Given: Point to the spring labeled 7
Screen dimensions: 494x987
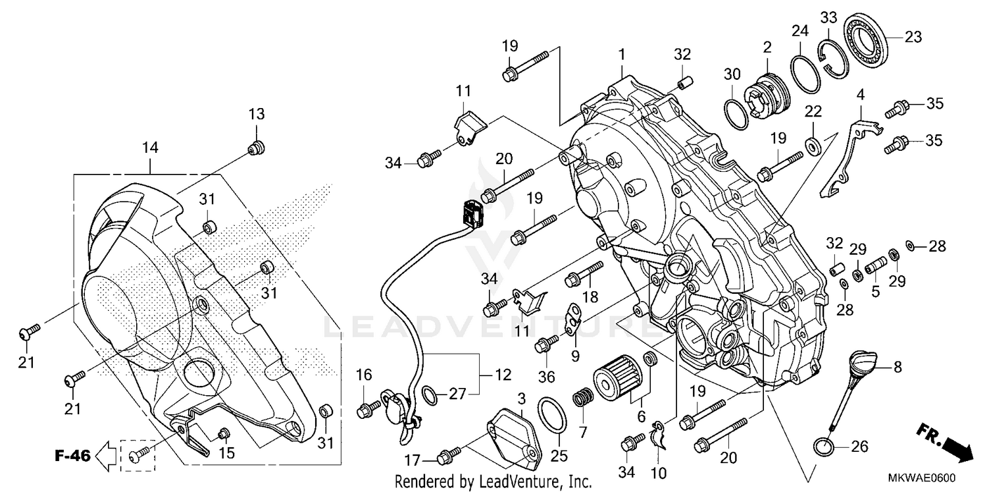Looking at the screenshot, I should tap(581, 399).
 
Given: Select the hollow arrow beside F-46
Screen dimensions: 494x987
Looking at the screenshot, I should tap(106, 454).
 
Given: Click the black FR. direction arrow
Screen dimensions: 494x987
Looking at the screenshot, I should tap(957, 450).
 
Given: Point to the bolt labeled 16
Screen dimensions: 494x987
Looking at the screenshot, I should tap(366, 410).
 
